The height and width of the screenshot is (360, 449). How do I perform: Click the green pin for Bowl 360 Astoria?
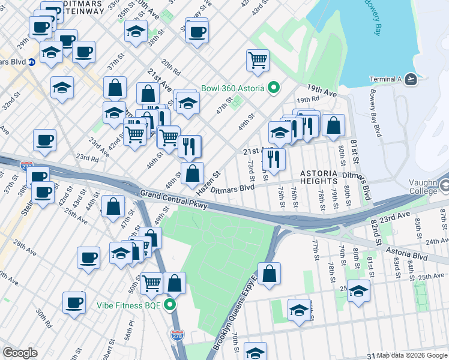click(x=274, y=89)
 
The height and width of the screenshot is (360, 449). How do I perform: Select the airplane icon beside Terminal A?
click(x=411, y=79)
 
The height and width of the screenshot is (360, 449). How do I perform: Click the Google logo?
click(x=20, y=353)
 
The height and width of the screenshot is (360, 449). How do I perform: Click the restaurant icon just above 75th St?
click(x=273, y=159)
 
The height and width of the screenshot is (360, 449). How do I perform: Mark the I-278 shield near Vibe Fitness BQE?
click(x=176, y=335)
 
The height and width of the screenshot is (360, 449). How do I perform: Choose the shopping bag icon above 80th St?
click(x=333, y=125)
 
